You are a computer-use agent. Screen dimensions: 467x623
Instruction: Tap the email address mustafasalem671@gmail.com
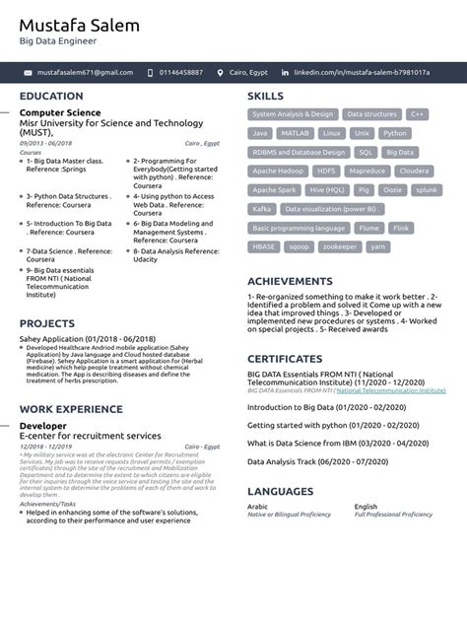[x=85, y=72]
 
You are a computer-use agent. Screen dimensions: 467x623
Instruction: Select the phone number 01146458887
[x=181, y=72]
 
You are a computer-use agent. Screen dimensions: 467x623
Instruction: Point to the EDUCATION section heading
[x=51, y=97]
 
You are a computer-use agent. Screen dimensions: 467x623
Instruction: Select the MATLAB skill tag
[x=295, y=132]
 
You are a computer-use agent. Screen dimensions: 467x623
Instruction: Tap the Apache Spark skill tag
[x=275, y=189]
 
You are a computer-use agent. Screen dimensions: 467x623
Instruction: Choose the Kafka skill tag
[x=261, y=209]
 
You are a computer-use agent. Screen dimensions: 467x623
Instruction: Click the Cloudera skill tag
[x=414, y=171]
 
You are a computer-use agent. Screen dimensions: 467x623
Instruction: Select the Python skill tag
[x=394, y=132]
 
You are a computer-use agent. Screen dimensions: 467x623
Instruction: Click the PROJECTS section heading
[x=47, y=323]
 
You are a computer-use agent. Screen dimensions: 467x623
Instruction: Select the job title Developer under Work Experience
[x=43, y=425]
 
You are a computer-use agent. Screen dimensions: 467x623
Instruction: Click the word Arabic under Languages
[x=257, y=507]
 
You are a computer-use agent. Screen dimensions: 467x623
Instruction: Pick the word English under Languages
[x=366, y=507]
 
